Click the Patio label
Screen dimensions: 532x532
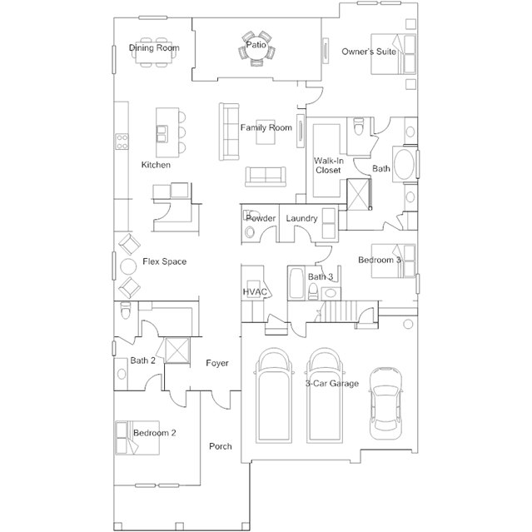coord(256,45)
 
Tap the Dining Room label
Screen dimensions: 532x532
coord(154,47)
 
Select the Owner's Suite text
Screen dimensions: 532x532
coord(369,52)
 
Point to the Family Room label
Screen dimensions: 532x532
coord(266,127)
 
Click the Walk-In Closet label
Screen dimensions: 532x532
coord(328,165)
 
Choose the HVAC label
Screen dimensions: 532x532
coord(255,291)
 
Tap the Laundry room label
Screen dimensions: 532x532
coord(301,218)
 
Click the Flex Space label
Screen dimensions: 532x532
coord(165,261)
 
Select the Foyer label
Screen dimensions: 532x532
coord(217,363)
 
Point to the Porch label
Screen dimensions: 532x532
coord(221,446)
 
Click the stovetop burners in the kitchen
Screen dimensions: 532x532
coord(122,142)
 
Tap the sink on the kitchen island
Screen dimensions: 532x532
coord(162,134)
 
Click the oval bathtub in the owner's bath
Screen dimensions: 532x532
coord(404,165)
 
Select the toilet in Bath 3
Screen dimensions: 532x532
coord(313,291)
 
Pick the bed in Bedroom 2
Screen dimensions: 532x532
coord(137,438)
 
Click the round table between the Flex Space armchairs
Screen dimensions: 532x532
coord(128,266)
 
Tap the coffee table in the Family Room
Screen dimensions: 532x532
coord(266,132)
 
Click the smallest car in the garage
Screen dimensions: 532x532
coord(385,404)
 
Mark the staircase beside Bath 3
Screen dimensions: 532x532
coord(341,311)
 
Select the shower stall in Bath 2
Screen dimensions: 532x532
coord(177,351)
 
